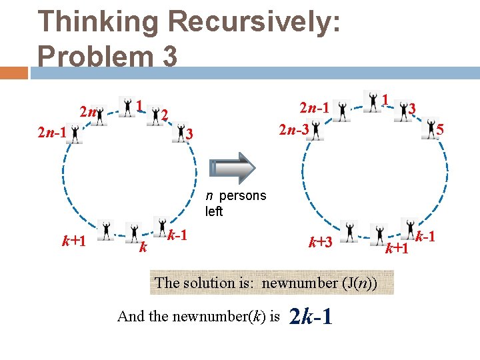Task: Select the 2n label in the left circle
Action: coord(86,111)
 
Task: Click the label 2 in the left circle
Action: coord(164,115)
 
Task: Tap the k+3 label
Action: coord(320,241)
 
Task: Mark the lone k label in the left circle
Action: coord(142,249)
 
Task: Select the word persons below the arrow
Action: coord(242,196)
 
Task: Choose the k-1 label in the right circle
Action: coord(425,236)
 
